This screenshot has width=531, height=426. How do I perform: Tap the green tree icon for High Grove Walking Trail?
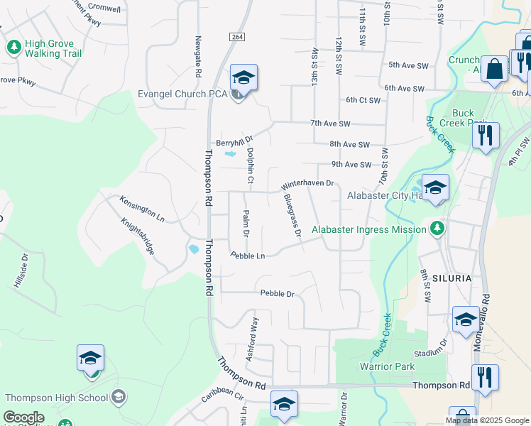(x=13, y=48)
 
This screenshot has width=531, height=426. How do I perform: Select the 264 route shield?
(x=237, y=36)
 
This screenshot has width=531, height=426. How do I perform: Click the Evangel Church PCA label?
(x=182, y=94)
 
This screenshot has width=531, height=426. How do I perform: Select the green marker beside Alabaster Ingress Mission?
(x=438, y=229)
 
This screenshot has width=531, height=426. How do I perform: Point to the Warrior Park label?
(x=387, y=367)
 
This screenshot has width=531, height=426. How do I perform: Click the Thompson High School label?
(x=55, y=396)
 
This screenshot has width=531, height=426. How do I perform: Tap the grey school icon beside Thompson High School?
(x=119, y=396)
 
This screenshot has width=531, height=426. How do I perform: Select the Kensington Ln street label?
(x=142, y=209)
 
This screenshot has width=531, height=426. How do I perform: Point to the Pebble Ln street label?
(x=248, y=256)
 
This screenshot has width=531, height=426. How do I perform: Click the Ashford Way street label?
(x=251, y=339)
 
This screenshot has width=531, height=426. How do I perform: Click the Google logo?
(x=24, y=417)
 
